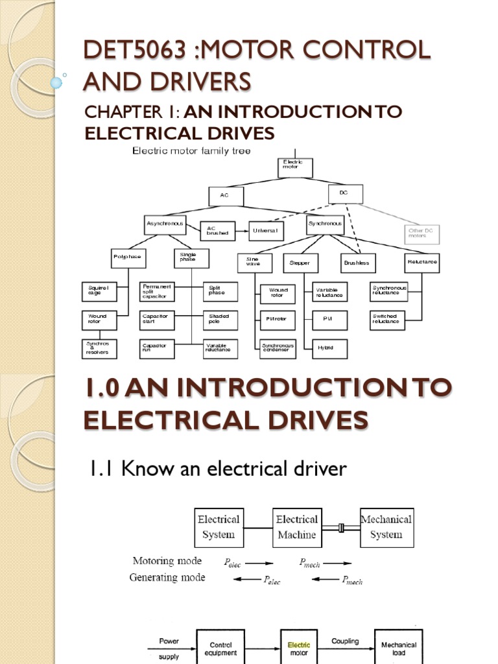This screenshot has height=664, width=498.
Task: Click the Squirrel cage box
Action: click(99, 292)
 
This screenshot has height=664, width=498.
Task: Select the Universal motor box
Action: click(267, 231)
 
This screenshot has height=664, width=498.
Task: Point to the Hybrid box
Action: click(330, 348)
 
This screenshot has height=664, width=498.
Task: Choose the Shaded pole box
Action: click(220, 320)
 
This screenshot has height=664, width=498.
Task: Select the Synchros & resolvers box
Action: click(99, 349)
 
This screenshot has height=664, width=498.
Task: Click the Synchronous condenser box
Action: click(278, 348)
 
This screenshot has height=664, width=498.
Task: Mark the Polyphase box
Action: click(126, 257)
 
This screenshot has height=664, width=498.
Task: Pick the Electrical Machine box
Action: click(296, 527)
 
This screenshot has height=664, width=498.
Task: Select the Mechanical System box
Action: click(386, 527)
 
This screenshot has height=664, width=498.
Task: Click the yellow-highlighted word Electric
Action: click(299, 645)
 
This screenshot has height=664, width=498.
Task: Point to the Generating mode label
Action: click(167, 577)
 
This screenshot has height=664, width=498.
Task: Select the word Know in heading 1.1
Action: click(139, 469)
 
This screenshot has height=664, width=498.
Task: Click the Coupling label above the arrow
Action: click(345, 641)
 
